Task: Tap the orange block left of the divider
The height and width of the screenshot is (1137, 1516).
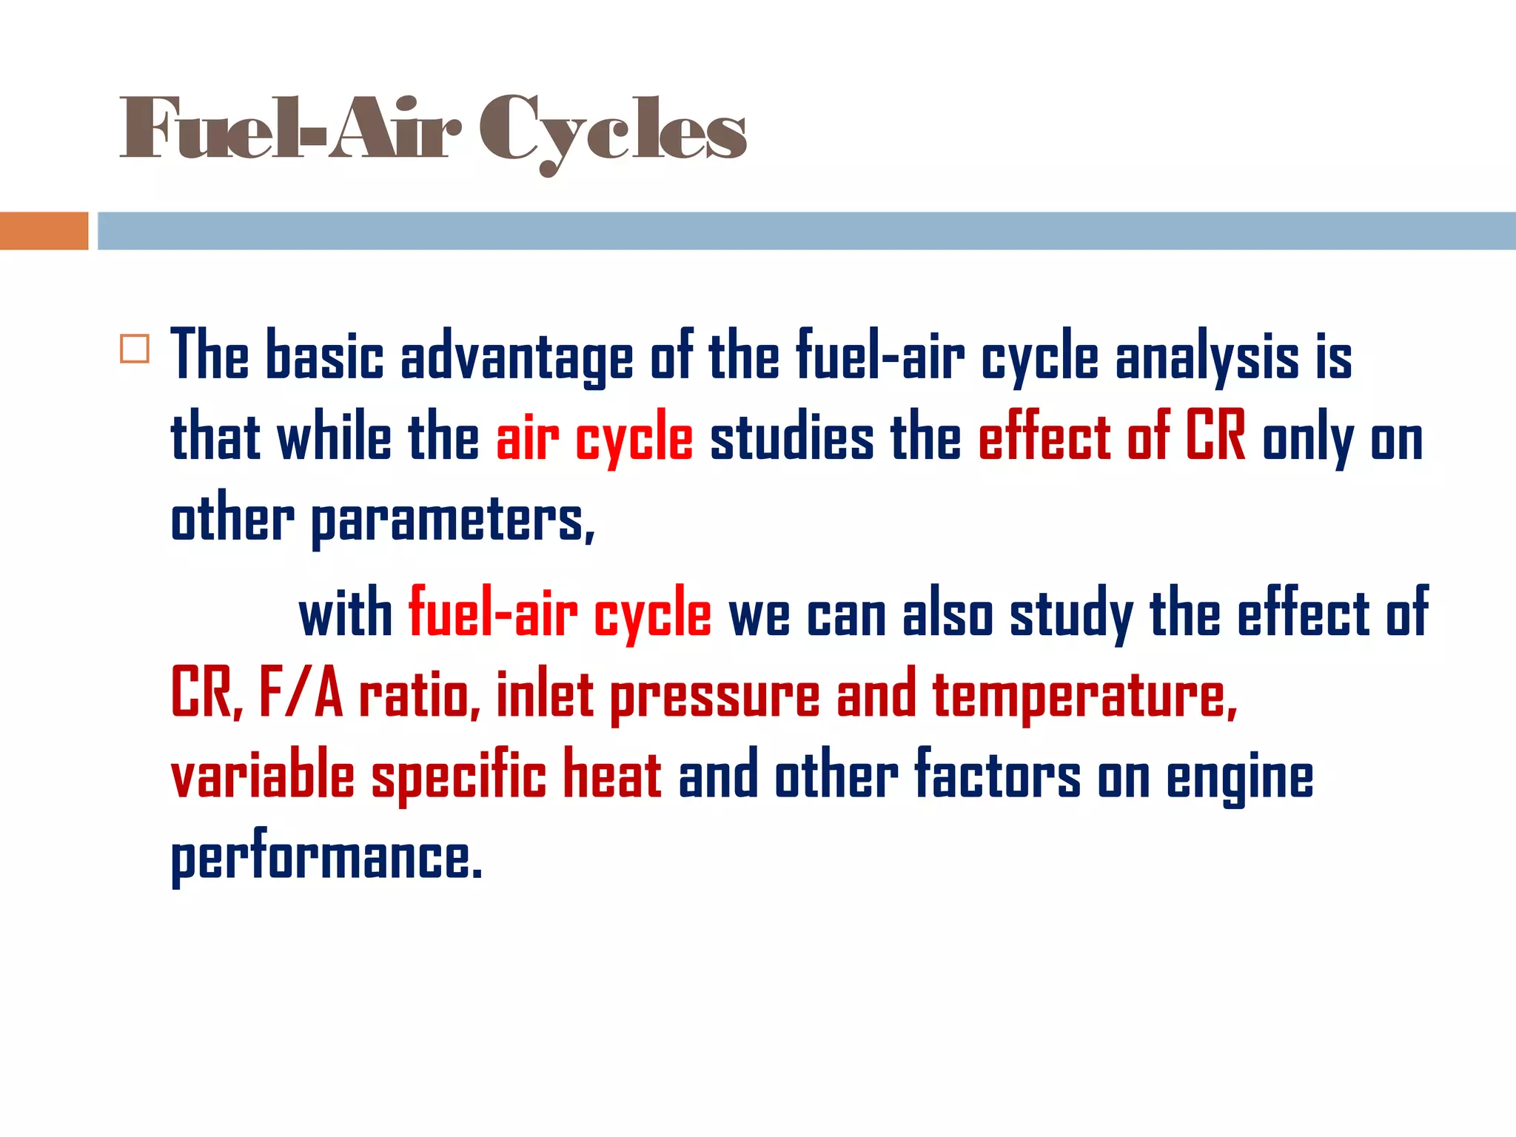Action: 44,231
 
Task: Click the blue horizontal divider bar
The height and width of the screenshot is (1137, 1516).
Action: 806,231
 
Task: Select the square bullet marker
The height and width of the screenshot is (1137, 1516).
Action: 135,349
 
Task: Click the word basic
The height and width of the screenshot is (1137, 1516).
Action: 324,357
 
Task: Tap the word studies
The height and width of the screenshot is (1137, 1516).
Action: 791,438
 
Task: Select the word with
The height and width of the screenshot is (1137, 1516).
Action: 346,614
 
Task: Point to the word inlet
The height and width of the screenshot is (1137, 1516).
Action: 545,694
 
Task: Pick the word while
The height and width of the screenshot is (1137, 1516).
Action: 334,438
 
